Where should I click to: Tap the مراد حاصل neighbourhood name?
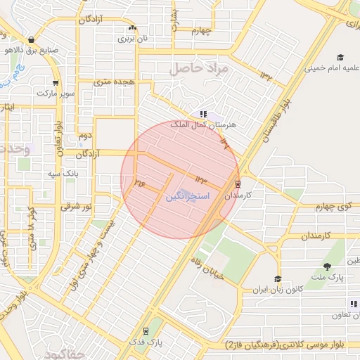coord(198,67)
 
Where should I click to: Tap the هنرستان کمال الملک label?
coord(224,124)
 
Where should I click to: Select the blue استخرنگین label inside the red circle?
coord(187,198)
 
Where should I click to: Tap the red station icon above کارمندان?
coord(238,184)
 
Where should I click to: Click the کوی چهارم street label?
coord(333,206)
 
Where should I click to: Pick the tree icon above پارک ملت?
coord(328,266)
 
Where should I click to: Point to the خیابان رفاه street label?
coord(206,269)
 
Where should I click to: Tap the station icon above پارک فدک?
coord(146,331)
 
